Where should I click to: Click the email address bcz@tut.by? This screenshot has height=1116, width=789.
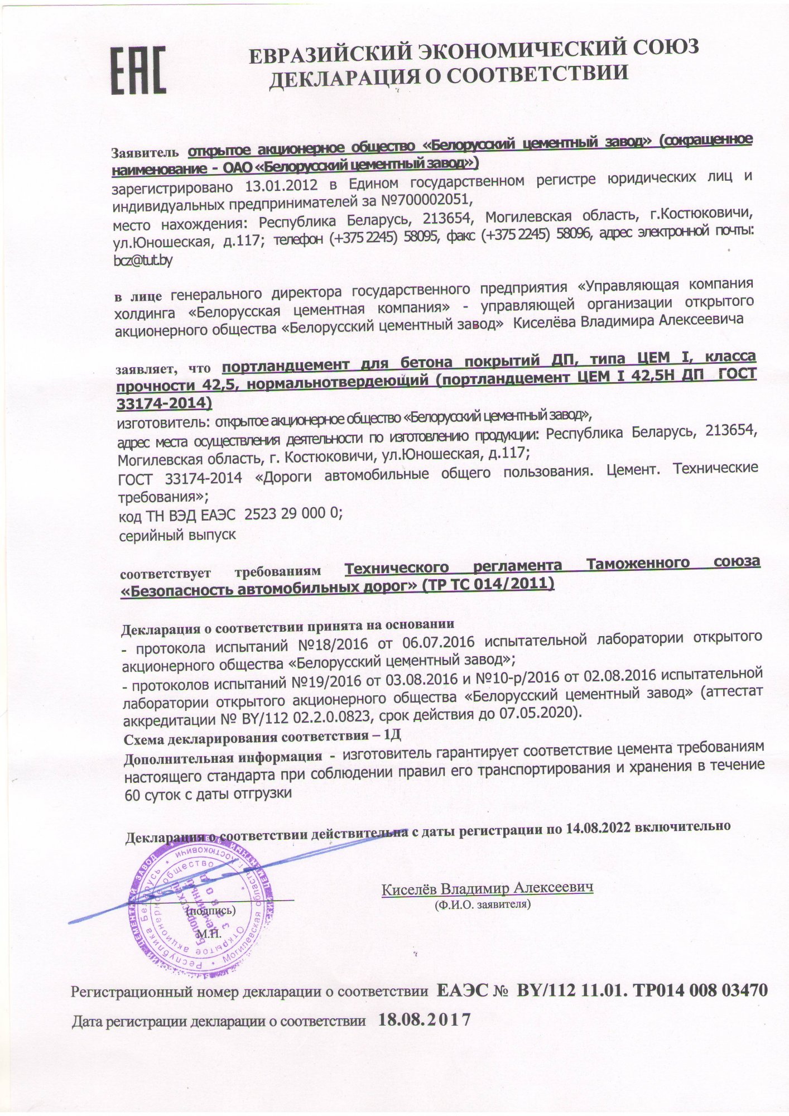coord(143,260)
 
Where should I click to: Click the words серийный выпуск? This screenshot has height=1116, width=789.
coord(177,535)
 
